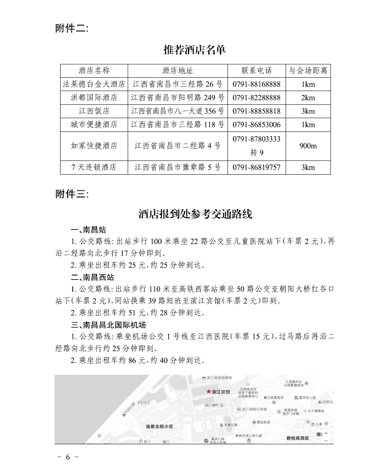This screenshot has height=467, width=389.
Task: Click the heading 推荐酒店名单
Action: coord(195,50)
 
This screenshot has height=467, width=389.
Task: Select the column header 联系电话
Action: coord(257,71)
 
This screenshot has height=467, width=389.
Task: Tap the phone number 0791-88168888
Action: coord(257,84)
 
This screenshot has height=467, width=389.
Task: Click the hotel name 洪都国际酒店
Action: coord(94,98)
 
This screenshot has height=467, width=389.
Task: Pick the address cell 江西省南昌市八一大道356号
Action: coord(178,111)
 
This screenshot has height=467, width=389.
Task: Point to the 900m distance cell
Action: coord(308,146)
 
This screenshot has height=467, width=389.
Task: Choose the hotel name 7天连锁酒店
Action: coord(94,167)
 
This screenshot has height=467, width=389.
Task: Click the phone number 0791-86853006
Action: coord(257,125)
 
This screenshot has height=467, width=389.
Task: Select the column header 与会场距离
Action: coord(308,71)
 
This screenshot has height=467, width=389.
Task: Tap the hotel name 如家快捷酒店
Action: coord(94,146)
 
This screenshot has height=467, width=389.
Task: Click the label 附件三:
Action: coord(72,194)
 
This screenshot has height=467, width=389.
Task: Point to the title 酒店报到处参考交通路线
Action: coord(195,214)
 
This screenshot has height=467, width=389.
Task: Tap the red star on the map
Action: coord(208,391)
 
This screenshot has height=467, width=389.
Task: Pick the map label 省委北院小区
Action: coord(159,426)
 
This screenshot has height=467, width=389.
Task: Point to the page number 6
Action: coord(68,457)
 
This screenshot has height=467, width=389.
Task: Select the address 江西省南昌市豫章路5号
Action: coord(178,167)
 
